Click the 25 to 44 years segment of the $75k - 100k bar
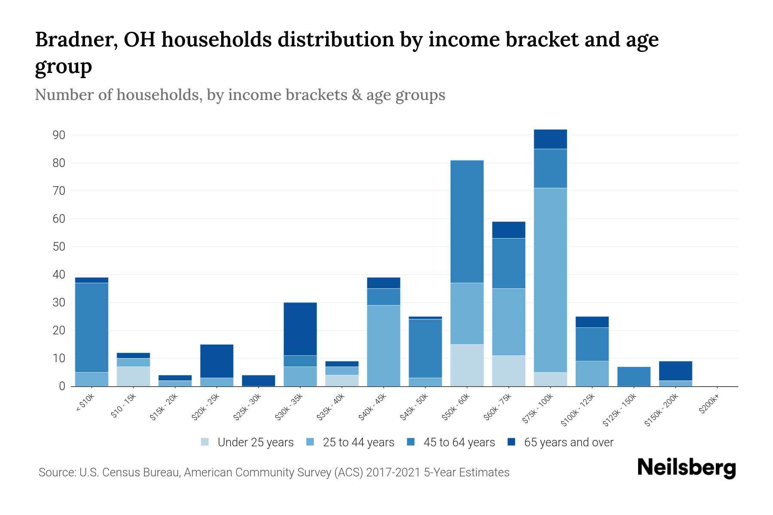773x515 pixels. coord(550,280)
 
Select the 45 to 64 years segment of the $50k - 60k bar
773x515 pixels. coord(467,221)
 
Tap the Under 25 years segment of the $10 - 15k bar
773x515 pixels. coord(133,376)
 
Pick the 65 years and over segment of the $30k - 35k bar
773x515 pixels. coord(300,329)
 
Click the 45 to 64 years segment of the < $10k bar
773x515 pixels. coord(91,327)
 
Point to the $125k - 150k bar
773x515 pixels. coord(633,376)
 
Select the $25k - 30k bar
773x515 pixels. coord(259,381)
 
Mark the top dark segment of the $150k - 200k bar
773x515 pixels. coord(675,371)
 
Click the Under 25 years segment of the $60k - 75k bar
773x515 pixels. coord(508,371)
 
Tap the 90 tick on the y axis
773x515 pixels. coord(59,135)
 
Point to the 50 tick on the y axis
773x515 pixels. coord(59,247)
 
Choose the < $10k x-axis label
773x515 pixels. coord(85,403)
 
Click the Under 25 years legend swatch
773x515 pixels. coord(205,442)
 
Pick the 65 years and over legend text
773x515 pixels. coord(569,442)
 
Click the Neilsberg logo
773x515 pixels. coord(686,468)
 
